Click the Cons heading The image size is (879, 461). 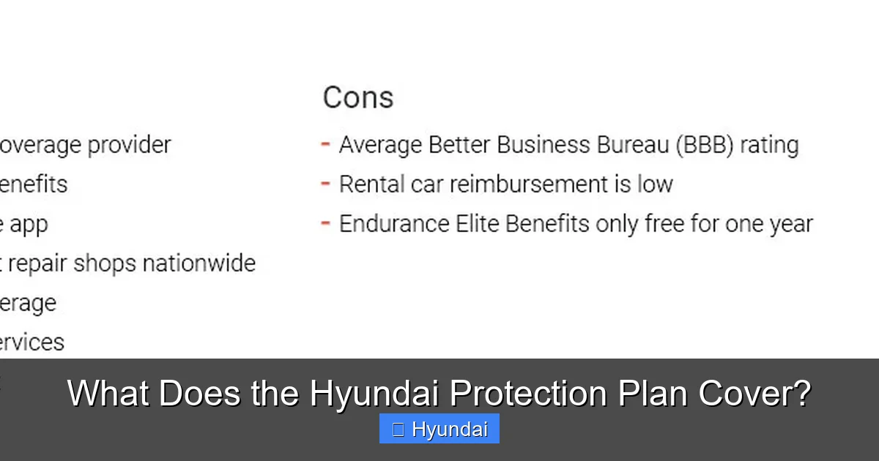pyautogui.click(x=358, y=97)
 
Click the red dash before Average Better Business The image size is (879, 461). pyautogui.click(x=326, y=144)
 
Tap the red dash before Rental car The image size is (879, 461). pyautogui.click(x=326, y=183)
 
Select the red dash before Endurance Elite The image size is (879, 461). pyautogui.click(x=326, y=222)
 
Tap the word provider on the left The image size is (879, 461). pyautogui.click(x=129, y=145)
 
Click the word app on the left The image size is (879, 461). pyautogui.click(x=29, y=225)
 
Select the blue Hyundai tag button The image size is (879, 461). pyautogui.click(x=439, y=429)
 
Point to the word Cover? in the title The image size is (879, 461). pyautogui.click(x=754, y=394)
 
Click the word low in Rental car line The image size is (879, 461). pyautogui.click(x=654, y=184)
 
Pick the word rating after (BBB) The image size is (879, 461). pyautogui.click(x=768, y=145)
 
